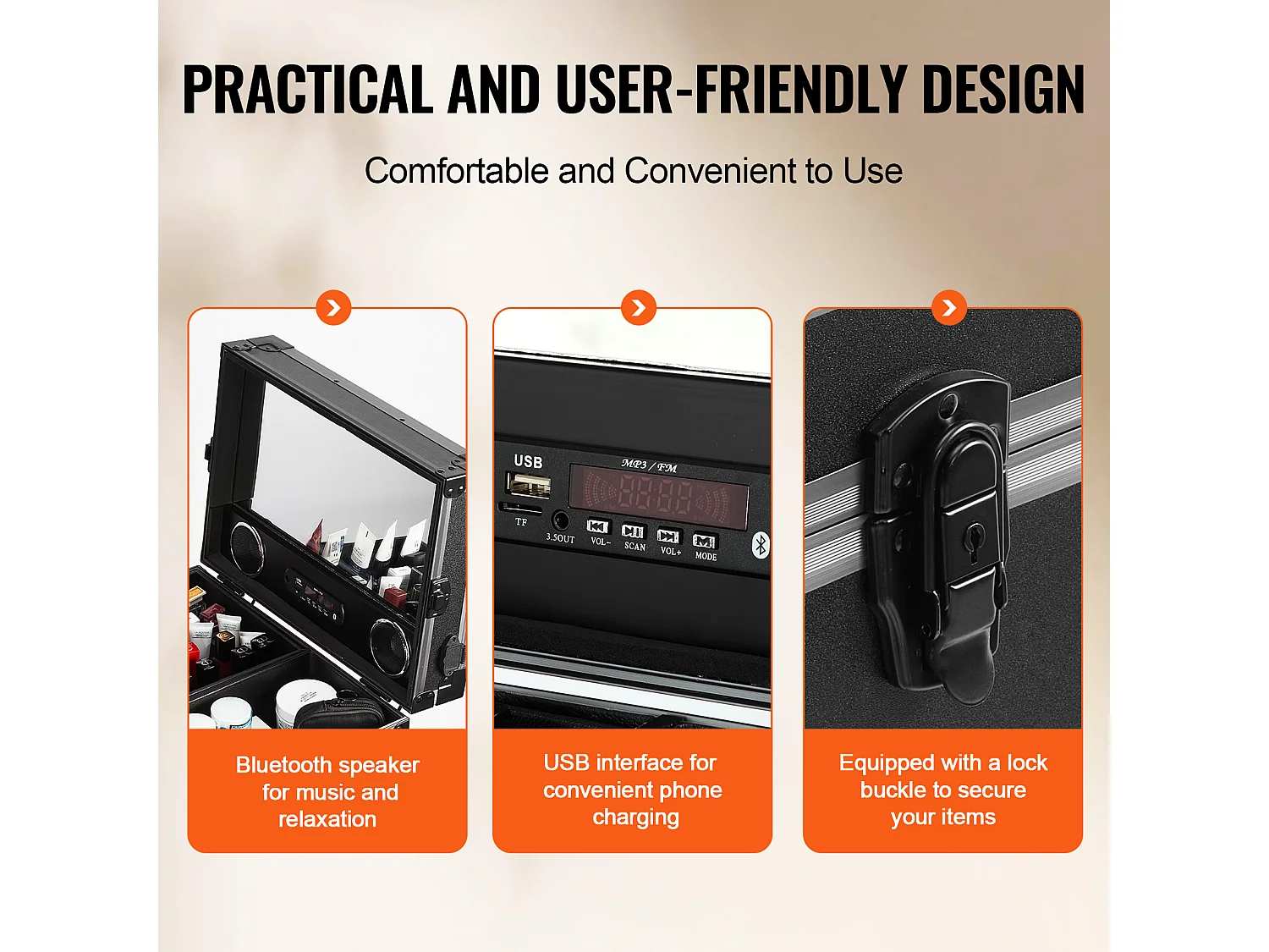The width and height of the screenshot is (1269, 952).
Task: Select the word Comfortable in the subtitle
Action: (x=457, y=171)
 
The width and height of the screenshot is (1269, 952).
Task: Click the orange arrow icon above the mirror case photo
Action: (x=333, y=308)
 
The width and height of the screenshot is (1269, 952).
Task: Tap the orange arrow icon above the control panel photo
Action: (x=638, y=308)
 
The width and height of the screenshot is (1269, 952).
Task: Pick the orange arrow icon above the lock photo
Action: (x=948, y=308)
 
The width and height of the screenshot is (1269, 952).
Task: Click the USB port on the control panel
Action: (x=530, y=485)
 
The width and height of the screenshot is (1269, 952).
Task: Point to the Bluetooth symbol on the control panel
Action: (x=760, y=546)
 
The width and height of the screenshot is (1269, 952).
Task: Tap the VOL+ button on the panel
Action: (x=668, y=537)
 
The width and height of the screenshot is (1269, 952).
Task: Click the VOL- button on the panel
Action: (x=598, y=528)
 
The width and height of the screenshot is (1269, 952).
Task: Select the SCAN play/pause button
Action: (x=633, y=532)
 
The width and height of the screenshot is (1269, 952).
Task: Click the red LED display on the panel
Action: (x=658, y=497)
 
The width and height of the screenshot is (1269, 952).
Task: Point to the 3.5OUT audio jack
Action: (x=559, y=520)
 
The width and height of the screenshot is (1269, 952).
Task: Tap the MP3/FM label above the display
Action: (x=649, y=465)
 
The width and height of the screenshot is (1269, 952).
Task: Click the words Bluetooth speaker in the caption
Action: (x=327, y=765)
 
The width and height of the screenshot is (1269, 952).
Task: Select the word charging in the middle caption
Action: (x=635, y=817)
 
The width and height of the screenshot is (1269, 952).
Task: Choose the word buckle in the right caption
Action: (x=895, y=790)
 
